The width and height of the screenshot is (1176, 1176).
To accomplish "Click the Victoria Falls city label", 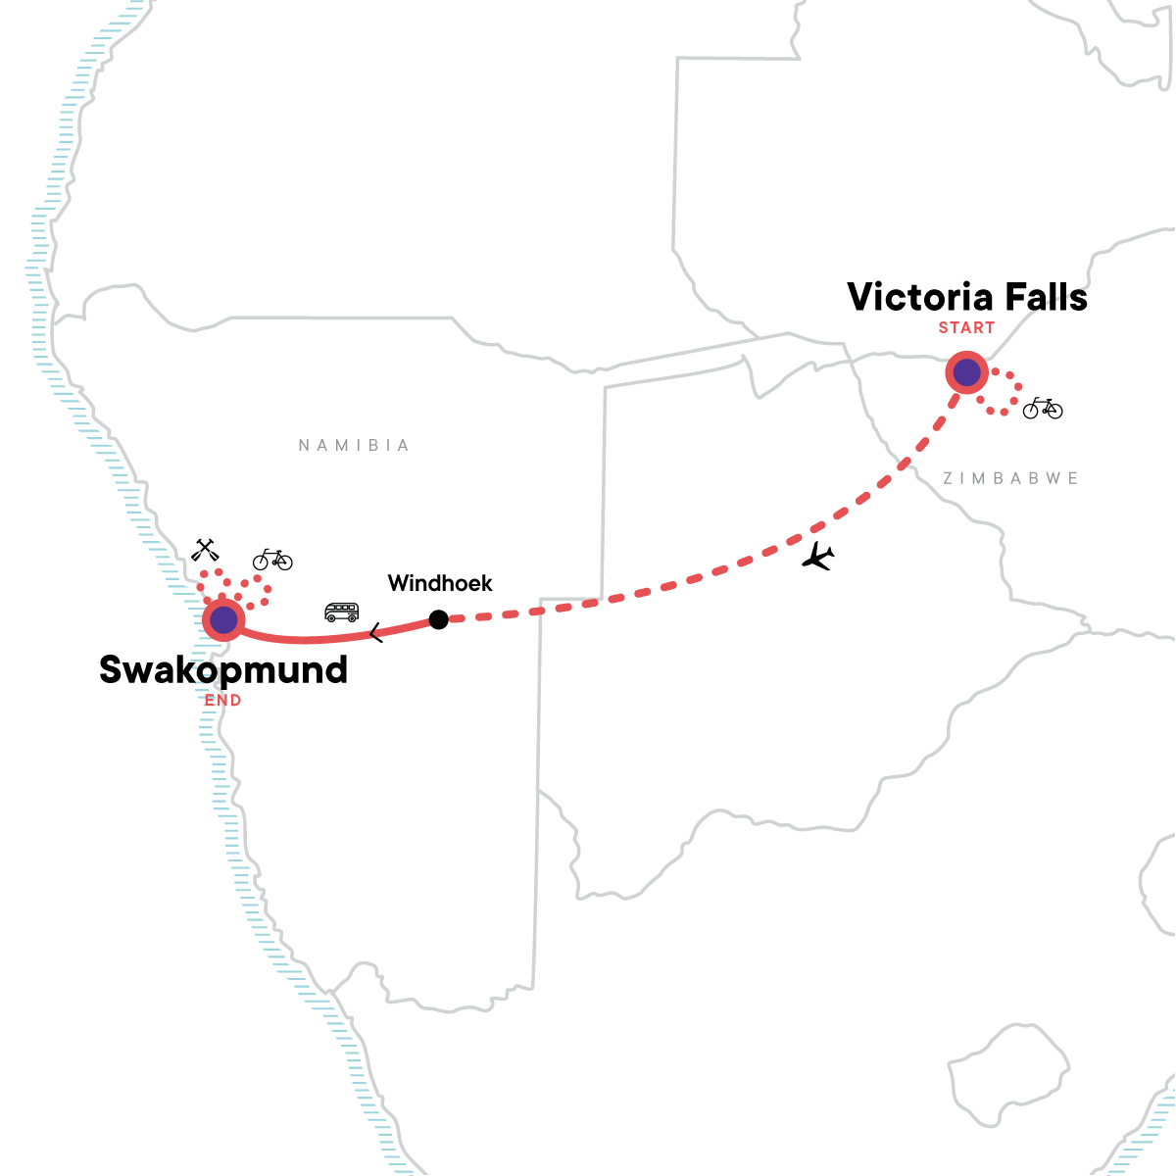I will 967,298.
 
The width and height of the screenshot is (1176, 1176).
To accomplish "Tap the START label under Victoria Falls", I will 966,328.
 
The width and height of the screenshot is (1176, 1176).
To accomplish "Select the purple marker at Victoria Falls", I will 967,372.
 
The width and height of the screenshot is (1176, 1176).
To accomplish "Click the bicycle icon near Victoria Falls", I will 1042,408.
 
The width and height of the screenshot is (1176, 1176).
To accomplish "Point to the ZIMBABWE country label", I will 1010,478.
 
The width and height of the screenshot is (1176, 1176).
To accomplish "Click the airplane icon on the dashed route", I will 817,557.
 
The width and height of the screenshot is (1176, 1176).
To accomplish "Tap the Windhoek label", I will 440,584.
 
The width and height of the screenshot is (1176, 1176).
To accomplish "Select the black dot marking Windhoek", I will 439,619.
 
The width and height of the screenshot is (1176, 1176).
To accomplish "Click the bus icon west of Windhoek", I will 342,612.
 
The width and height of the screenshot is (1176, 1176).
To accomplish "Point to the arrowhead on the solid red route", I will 376,634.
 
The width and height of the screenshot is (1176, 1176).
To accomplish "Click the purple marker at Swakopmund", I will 224,619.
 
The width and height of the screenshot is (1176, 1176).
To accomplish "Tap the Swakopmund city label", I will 223,670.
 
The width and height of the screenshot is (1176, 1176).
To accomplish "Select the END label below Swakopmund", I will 222,701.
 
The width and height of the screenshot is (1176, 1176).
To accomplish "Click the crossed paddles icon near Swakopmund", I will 205,550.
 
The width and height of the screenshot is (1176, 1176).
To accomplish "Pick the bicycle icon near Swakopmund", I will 272,560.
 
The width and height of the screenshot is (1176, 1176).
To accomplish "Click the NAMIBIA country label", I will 354,446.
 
